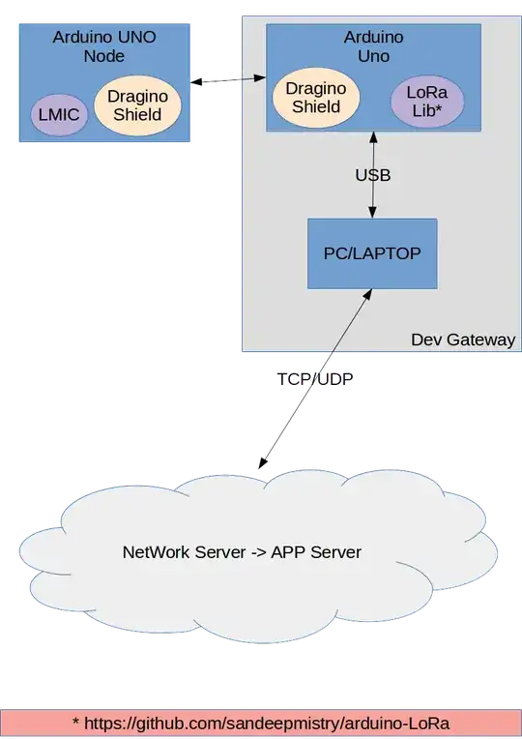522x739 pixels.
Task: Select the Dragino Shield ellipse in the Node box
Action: pyautogui.click(x=137, y=105)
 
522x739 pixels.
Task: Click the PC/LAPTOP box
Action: pyautogui.click(x=372, y=253)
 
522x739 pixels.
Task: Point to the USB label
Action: pyautogui.click(x=372, y=177)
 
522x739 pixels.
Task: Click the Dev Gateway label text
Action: pyautogui.click(x=463, y=340)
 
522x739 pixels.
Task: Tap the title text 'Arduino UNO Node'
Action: pyautogui.click(x=103, y=45)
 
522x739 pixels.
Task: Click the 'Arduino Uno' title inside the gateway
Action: pyautogui.click(x=373, y=45)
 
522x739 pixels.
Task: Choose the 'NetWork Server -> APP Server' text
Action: pyautogui.click(x=242, y=552)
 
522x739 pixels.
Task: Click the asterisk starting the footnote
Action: pyautogui.click(x=75, y=724)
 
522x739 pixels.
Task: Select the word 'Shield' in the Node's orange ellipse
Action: pyautogui.click(x=137, y=115)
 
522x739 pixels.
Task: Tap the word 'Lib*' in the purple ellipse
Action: pyautogui.click(x=427, y=112)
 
